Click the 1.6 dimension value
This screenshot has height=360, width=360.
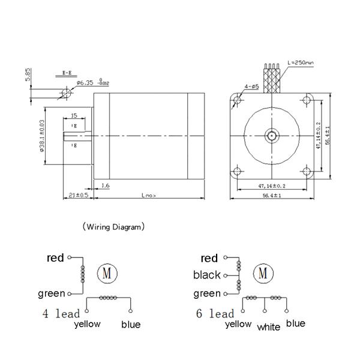[x=105, y=186]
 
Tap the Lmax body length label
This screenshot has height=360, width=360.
[x=148, y=196]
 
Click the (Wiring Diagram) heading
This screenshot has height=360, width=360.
[x=113, y=227]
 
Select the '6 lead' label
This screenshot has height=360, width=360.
[x=215, y=313]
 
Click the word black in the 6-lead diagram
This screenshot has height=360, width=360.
[x=207, y=275]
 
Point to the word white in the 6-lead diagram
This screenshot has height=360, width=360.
[x=269, y=328]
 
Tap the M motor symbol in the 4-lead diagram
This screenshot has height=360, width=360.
[x=108, y=273]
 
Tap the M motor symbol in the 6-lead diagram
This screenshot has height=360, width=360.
[x=262, y=273]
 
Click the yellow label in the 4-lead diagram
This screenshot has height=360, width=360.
[x=87, y=324]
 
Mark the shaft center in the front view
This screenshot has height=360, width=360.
[x=272, y=136]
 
